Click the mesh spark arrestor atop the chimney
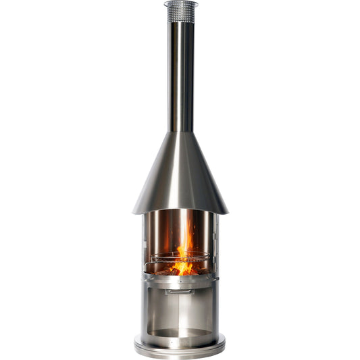tap(180, 13)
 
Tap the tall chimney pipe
tap(180, 74)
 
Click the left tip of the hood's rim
tap(134, 211)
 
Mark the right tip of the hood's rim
tap(227, 211)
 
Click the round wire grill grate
tap(180, 257)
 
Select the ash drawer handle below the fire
tap(180, 292)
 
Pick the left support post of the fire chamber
tap(145, 243)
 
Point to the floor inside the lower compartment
tap(180, 332)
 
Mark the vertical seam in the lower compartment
tap(180, 311)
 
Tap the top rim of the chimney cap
tap(180, 3)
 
